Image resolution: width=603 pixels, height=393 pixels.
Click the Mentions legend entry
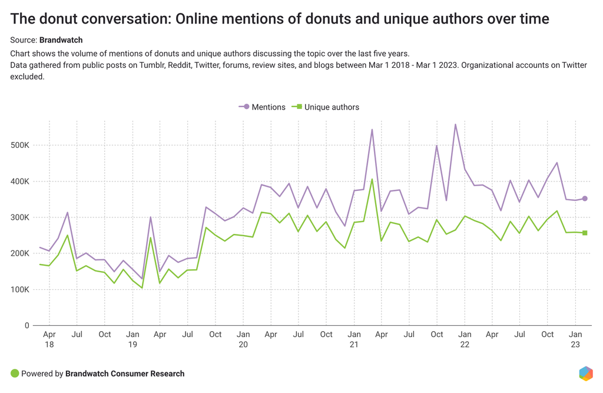pyautogui.click(x=262, y=107)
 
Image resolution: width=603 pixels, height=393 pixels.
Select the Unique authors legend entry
pyautogui.click(x=327, y=107)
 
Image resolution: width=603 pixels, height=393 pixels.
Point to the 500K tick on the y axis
pyautogui.click(x=20, y=145)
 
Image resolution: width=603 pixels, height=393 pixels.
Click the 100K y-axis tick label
pyautogui.click(x=20, y=289)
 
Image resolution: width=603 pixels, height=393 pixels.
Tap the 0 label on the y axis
pyautogui.click(x=26, y=325)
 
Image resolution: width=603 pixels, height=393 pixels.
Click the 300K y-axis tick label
pyautogui.click(x=20, y=217)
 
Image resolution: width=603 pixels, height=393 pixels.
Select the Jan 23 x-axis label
pyautogui.click(x=575, y=339)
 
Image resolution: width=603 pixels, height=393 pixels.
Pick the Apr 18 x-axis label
pyautogui.click(x=49, y=339)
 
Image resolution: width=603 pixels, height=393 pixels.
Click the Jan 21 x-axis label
pyautogui.click(x=354, y=339)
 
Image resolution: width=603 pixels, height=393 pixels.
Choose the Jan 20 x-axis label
pyautogui.click(x=243, y=339)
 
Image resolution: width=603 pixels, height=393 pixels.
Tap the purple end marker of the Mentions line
pyautogui.click(x=585, y=199)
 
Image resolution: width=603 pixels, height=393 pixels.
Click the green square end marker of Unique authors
pyautogui.click(x=585, y=233)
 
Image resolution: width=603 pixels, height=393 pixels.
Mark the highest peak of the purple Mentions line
pyautogui.click(x=455, y=124)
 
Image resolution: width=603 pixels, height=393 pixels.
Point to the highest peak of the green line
pyautogui.click(x=372, y=179)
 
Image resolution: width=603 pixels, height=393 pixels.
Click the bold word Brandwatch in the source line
pyautogui.click(x=61, y=40)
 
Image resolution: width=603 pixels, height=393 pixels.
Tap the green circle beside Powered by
pyautogui.click(x=15, y=374)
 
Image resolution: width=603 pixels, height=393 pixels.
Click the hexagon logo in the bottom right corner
pyautogui.click(x=585, y=374)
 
